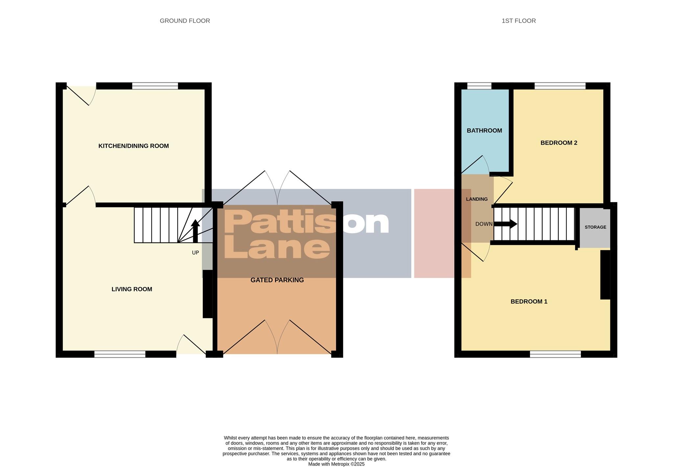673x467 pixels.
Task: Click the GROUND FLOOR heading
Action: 185,21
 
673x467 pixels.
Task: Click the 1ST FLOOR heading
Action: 519,21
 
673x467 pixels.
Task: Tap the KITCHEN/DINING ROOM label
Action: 133,146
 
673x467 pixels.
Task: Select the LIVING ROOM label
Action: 132,289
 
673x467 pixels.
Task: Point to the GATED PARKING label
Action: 277,280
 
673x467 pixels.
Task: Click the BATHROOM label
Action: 484,130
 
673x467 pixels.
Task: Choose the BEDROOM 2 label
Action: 559,143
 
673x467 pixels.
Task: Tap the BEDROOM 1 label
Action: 529,301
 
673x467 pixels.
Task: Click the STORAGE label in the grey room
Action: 595,227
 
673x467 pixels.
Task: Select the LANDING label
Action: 476,199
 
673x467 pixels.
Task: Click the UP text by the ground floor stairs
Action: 195,253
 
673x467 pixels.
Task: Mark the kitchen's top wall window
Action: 155,86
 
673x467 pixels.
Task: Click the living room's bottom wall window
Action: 120,354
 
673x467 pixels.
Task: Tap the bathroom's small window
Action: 479,86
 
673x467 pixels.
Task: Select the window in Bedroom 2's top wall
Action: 560,86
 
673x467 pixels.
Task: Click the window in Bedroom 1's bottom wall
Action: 555,354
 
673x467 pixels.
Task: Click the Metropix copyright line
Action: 336,464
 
